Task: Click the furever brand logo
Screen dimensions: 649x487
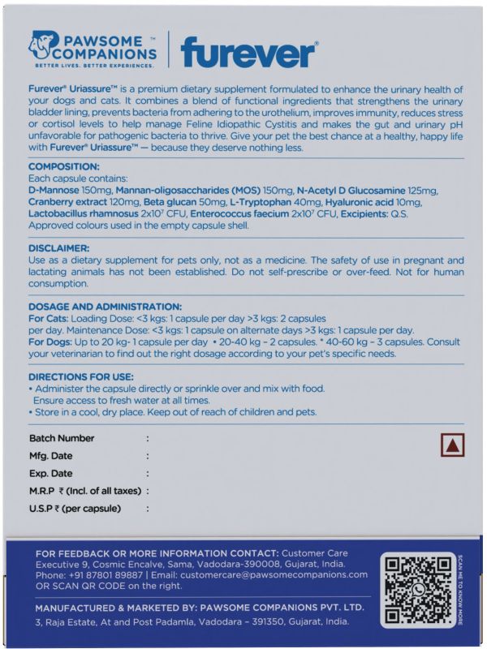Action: coord(248,53)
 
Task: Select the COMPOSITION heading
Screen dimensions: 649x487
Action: coord(63,165)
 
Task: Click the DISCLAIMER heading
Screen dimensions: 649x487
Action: coord(58,247)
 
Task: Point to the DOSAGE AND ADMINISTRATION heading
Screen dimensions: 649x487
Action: coord(105,307)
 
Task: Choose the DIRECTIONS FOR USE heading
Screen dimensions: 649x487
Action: coord(81,377)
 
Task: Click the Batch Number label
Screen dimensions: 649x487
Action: coord(62,438)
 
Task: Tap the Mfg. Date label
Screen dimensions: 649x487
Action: coord(51,456)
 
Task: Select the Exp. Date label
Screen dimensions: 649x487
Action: coord(51,474)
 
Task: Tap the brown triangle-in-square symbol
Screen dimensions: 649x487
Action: coord(452,445)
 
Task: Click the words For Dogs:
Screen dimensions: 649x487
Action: coord(51,342)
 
